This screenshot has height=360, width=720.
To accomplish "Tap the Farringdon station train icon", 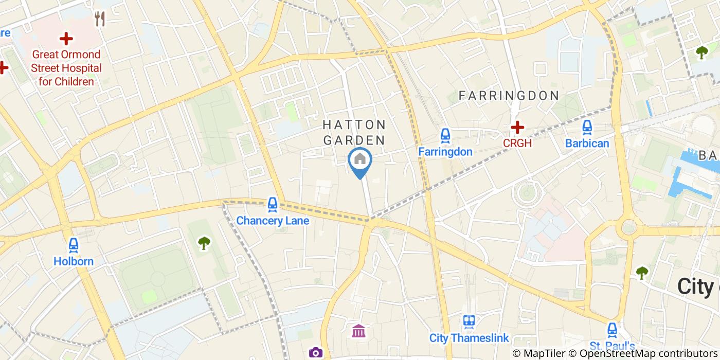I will [445, 136].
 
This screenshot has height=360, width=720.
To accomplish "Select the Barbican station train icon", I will [587, 127].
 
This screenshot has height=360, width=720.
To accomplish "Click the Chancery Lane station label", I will [273, 221].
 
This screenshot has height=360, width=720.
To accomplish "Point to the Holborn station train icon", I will [74, 245].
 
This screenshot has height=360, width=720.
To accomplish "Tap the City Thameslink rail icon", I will [469, 322].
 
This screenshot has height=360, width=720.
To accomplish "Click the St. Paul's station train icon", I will [612, 330].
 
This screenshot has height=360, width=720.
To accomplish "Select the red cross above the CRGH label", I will [517, 127].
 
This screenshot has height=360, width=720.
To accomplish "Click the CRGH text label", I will [517, 143].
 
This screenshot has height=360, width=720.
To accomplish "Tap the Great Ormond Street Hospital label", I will [66, 68].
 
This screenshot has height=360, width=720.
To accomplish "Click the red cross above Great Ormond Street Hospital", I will [66, 39].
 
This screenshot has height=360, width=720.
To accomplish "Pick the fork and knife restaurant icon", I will [100, 20].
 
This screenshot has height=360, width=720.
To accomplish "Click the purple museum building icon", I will [358, 331].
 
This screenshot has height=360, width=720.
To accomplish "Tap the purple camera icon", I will [315, 352].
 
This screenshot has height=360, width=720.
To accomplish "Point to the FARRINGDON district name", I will [509, 96].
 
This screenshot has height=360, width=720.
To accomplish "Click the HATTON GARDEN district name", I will [354, 132].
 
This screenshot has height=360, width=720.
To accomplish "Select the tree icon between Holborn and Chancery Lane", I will [204, 243].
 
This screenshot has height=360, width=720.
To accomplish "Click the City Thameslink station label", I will [469, 338].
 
